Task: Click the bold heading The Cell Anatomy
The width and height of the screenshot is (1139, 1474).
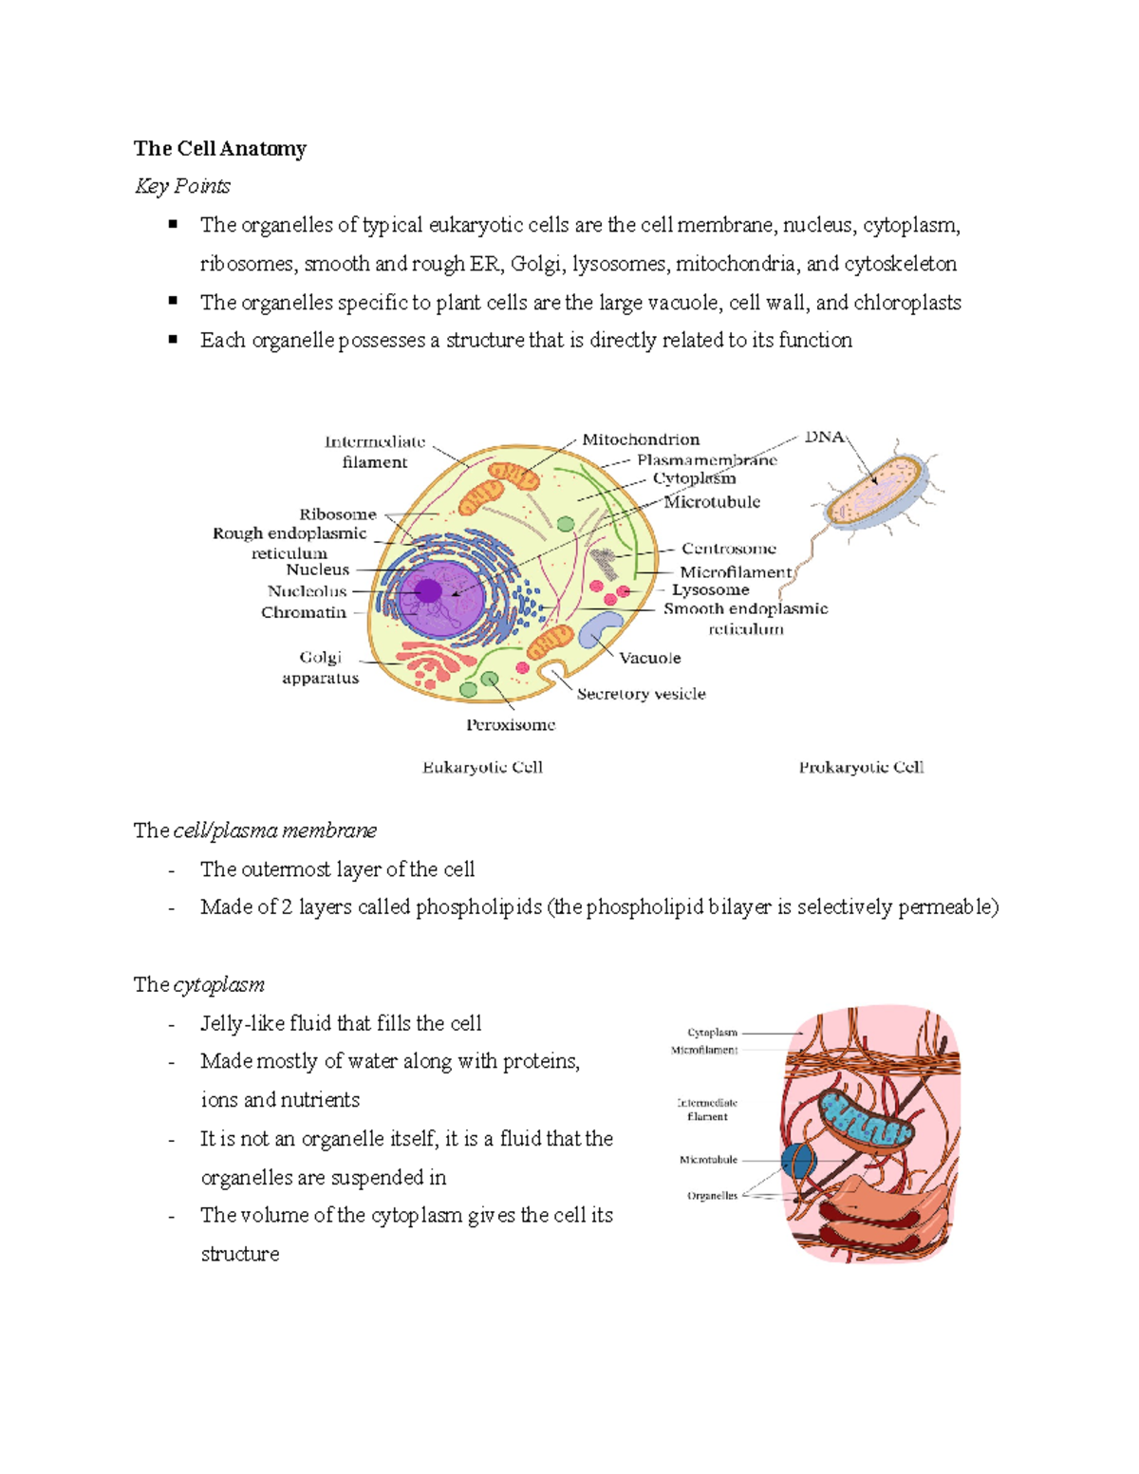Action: [219, 148]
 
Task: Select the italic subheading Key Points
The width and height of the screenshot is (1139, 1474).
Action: [182, 186]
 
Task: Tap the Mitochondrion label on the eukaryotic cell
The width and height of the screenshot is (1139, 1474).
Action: [641, 439]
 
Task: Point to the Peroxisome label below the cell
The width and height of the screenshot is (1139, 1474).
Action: [511, 724]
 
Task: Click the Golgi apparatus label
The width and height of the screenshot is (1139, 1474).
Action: [321, 667]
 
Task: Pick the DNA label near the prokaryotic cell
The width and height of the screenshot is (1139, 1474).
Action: [824, 437]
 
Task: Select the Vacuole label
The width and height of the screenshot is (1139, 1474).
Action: [650, 658]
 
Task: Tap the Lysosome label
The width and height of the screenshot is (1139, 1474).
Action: [710, 589]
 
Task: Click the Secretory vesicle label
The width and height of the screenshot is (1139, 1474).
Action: [641, 694]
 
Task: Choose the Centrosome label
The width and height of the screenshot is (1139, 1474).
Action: [728, 549]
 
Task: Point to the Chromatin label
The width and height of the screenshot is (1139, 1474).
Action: [304, 612]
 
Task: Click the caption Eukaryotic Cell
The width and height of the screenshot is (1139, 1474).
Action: [482, 767]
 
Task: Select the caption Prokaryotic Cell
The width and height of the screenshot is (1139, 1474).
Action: [861, 767]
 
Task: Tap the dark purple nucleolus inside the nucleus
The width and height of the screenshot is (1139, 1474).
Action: [428, 590]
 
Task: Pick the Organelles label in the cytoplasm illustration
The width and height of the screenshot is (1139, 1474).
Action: [712, 1196]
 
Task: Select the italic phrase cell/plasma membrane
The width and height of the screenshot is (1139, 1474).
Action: [275, 830]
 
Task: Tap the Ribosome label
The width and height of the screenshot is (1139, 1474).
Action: [338, 514]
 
